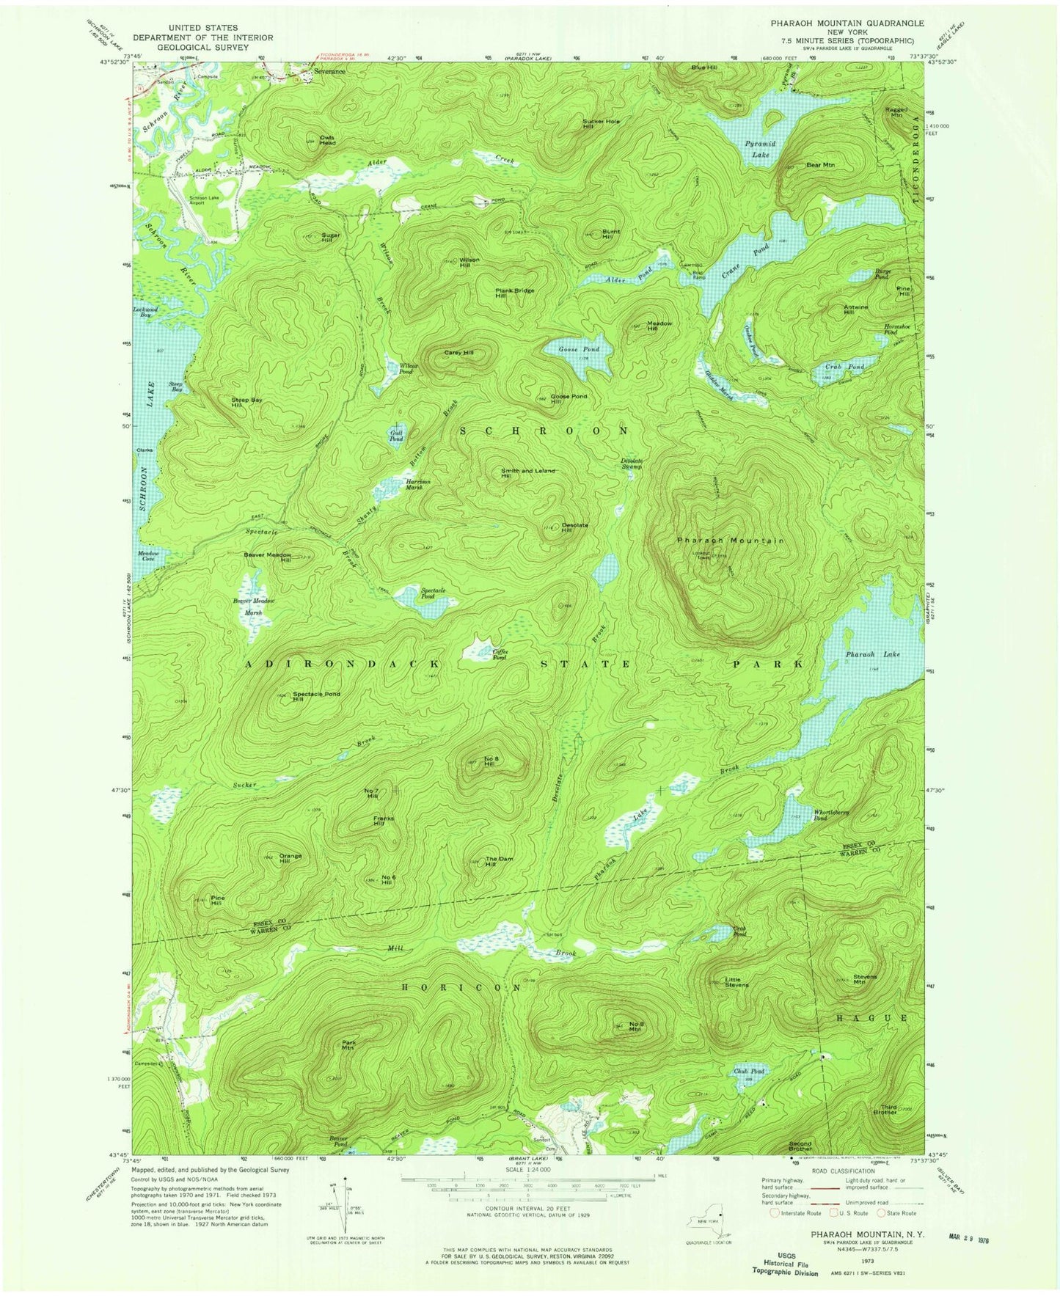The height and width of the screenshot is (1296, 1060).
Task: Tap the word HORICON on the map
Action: pos(462,988)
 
